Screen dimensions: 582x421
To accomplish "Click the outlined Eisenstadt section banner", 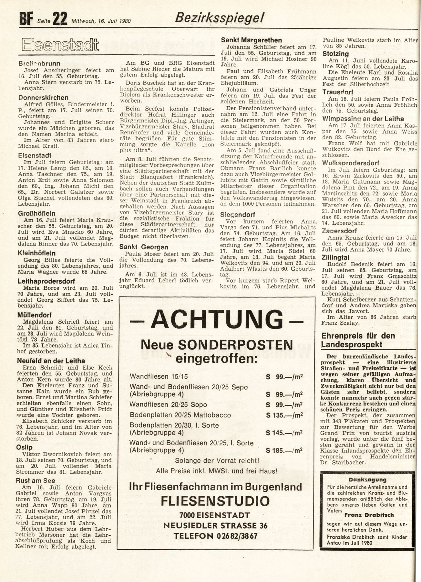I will coord(60,45).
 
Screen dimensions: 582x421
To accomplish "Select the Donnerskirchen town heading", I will coord(43,98).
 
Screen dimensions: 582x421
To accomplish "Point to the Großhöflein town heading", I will coord(37,213).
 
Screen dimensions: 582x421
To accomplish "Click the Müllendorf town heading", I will coord(35,315).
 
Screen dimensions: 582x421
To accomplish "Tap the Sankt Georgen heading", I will coord(144,247).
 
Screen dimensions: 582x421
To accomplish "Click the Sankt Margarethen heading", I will coord(251,40).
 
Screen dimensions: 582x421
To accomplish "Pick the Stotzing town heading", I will coord(336,54).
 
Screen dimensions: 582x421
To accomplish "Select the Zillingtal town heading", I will coord(335,257).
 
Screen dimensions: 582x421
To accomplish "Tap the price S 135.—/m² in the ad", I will coord(284,415).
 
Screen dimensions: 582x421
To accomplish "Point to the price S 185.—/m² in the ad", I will coord(284,450).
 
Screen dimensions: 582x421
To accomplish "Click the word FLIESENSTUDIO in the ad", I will coord(215,501).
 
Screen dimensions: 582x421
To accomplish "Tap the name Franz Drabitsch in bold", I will coord(369,515).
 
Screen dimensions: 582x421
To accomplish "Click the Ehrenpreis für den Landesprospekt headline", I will coord(358,340).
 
